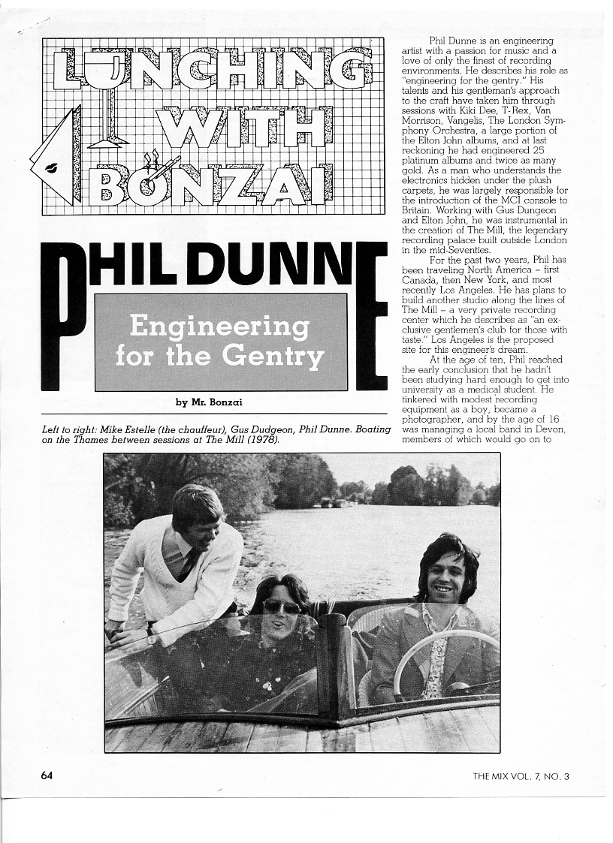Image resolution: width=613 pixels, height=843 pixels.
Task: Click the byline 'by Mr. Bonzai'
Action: coord(209,402)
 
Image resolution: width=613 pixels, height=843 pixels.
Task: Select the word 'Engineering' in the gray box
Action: coord(219,327)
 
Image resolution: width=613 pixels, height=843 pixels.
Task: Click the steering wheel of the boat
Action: coord(443,661)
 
